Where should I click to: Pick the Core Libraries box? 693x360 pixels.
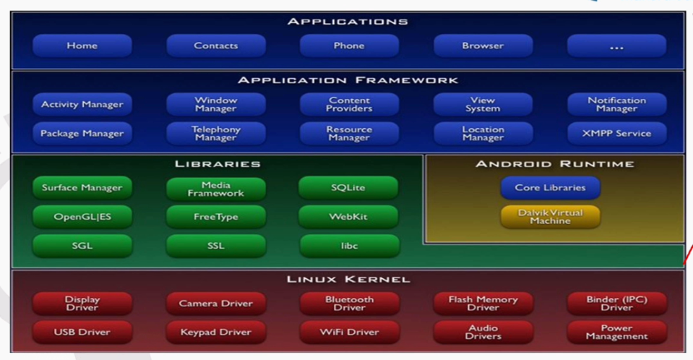(550, 188)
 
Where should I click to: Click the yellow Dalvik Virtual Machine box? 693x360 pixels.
(550, 215)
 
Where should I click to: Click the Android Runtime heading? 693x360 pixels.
(554, 164)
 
